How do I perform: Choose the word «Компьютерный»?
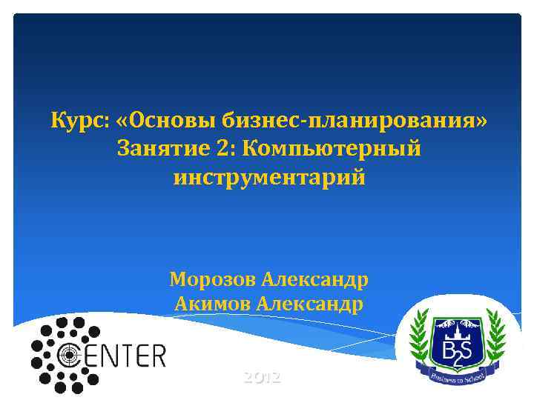click(x=332, y=149)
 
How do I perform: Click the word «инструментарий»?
click(x=269, y=179)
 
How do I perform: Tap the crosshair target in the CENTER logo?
click(x=68, y=356)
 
